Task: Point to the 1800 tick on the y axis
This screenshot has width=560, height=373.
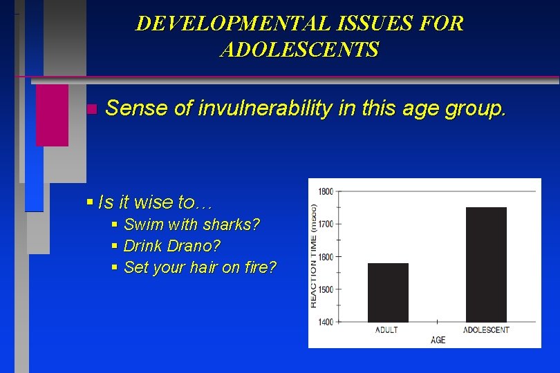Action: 325,191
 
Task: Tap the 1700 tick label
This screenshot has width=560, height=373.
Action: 325,224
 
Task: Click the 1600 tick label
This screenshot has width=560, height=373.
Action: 325,257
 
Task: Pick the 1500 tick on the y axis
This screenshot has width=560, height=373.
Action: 325,289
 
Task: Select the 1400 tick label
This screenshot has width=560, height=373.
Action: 325,322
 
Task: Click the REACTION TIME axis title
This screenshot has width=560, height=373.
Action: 313,256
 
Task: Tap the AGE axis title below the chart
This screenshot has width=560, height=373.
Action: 438,340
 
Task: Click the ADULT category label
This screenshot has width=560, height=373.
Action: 386,329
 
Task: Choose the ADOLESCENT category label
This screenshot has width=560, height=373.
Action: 486,329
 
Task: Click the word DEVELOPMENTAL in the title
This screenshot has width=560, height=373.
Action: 229,23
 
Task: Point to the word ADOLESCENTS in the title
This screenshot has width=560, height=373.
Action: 299,50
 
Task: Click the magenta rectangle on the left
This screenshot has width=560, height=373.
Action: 52,115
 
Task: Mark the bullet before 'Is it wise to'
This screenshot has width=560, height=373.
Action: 90,202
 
